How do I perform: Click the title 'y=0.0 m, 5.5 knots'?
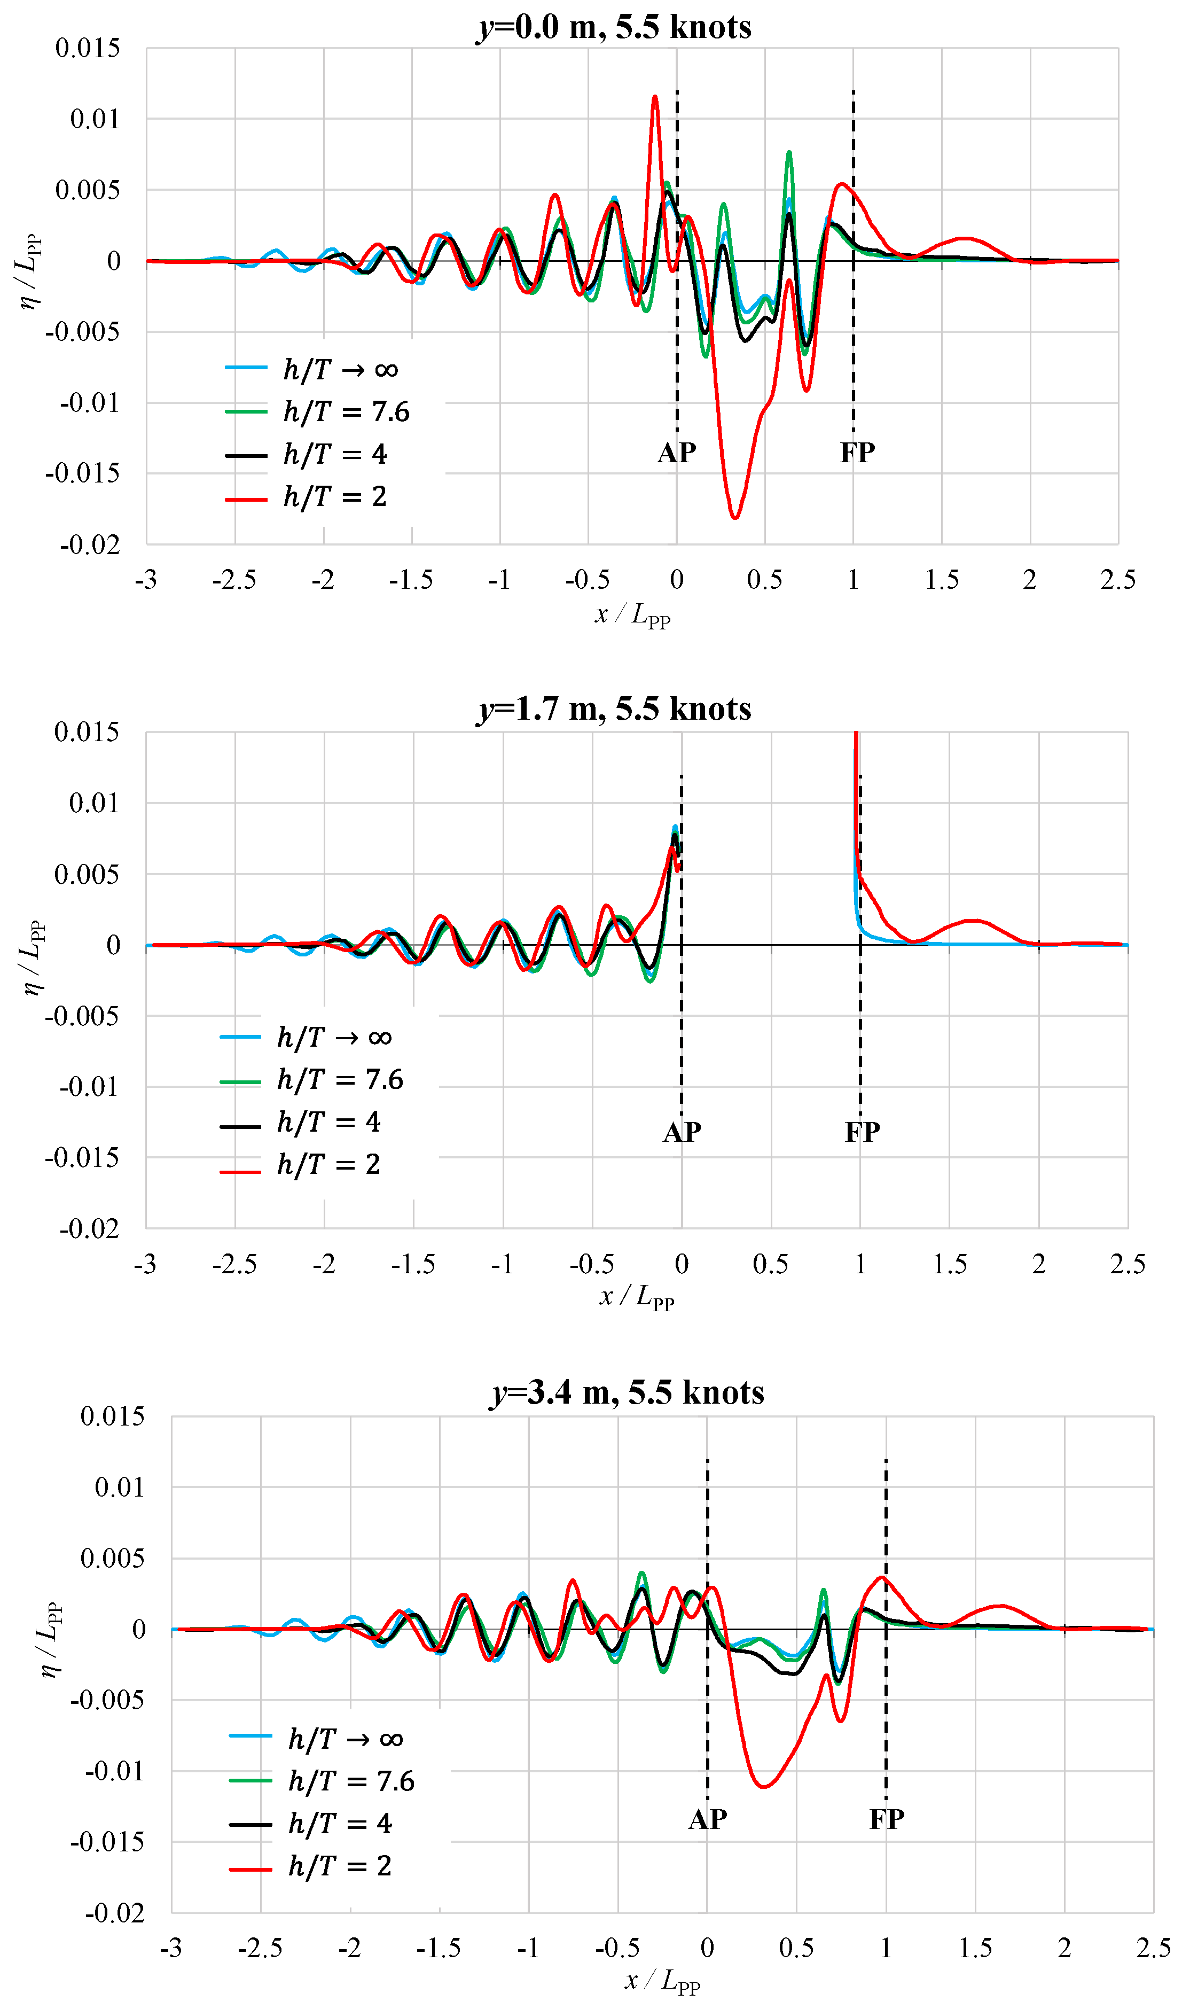614,27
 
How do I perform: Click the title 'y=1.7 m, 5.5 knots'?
614,708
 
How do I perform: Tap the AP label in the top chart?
677,453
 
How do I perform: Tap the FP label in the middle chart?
863,1132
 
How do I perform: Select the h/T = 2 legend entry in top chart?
308,497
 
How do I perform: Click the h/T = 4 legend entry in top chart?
308,454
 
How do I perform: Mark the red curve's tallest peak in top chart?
655,97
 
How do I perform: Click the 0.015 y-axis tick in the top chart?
88,49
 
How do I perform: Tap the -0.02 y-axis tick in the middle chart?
89,1228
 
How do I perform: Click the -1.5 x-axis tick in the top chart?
411,580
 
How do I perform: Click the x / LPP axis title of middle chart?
636,1297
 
